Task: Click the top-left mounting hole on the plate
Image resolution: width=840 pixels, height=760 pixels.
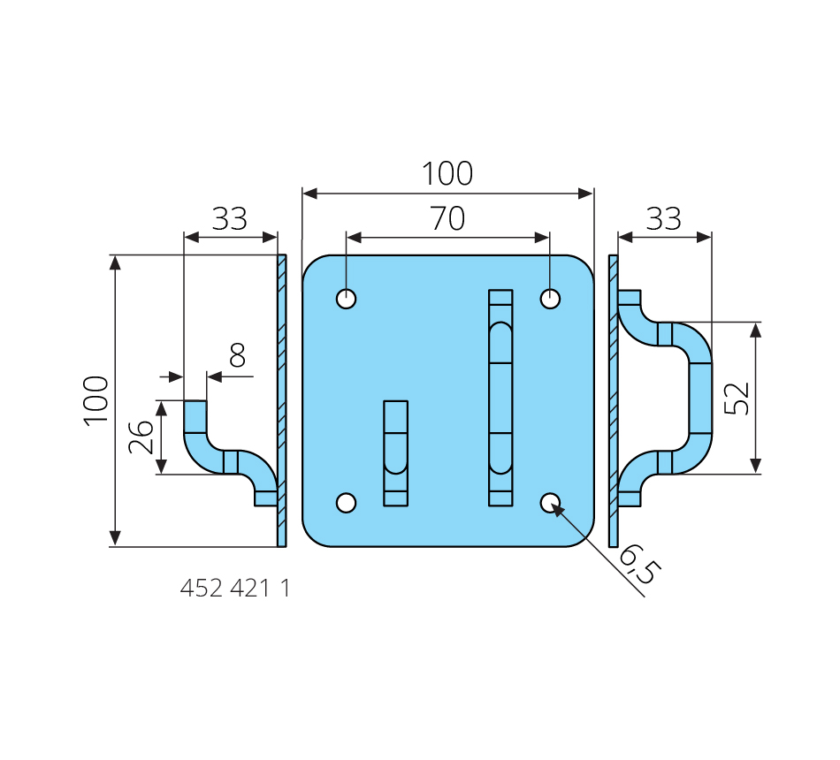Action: click(346, 299)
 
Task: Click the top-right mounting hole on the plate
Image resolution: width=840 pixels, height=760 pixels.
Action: click(550, 299)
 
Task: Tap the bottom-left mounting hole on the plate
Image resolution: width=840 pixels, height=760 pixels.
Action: click(346, 503)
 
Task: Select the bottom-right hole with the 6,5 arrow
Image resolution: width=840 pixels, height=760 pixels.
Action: click(550, 503)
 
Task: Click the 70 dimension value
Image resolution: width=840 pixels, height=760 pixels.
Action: click(448, 218)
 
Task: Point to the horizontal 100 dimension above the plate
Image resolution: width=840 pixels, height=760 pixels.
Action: click(447, 173)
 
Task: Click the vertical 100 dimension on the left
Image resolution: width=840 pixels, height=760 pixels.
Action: click(96, 401)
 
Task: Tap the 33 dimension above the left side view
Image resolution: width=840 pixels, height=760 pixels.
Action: click(229, 218)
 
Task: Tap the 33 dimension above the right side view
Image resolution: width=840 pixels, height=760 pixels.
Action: click(664, 218)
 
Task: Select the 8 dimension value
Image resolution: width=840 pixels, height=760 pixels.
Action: click(237, 355)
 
